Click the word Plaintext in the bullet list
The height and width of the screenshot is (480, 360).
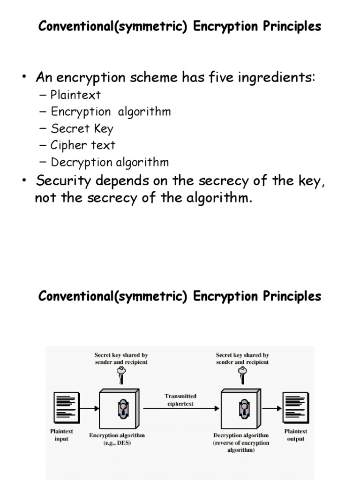(75, 95)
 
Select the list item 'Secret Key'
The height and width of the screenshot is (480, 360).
(82, 128)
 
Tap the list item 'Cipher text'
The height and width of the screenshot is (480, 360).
(83, 145)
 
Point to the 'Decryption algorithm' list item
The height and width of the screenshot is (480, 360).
(110, 162)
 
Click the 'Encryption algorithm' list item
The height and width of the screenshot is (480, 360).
(111, 112)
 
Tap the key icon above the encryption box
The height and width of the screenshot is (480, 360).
(121, 375)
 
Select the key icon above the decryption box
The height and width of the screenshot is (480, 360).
(242, 375)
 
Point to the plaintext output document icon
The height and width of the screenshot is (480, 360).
(295, 407)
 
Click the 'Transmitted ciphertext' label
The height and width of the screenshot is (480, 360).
(180, 400)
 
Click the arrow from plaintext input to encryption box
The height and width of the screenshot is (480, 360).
(90, 408)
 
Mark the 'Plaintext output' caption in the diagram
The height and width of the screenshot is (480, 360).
(295, 435)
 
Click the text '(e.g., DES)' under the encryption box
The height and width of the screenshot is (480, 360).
(117, 442)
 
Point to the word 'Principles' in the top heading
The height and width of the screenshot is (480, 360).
(292, 26)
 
